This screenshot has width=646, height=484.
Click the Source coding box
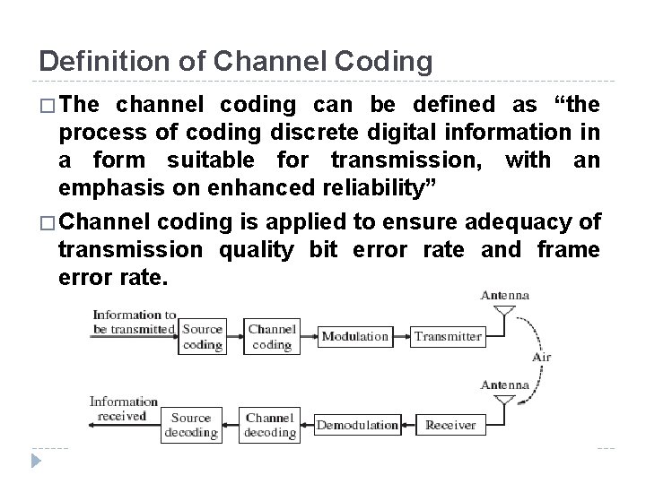(201, 336)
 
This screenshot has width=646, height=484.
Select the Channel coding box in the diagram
(272, 336)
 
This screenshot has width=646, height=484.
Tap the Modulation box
(355, 337)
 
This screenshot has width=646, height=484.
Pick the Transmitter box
(449, 337)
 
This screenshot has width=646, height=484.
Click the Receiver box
(450, 424)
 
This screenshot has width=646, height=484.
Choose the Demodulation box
(357, 424)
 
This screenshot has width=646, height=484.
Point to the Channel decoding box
(270, 424)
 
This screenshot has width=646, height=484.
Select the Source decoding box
(191, 424)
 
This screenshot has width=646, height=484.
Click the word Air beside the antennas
(541, 357)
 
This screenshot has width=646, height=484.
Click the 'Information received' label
(123, 409)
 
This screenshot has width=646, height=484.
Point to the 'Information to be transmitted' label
(133, 321)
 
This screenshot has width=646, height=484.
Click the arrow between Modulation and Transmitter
(401, 337)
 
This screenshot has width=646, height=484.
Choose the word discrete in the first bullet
(291, 132)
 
